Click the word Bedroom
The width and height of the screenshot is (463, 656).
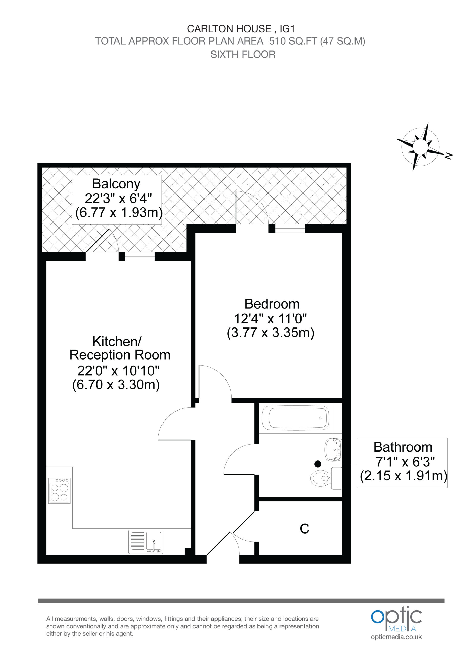(x=272, y=304)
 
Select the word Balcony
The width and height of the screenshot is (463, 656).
(x=116, y=184)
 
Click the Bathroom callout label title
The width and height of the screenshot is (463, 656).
(x=403, y=447)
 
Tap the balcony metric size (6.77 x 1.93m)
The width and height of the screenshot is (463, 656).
(x=119, y=213)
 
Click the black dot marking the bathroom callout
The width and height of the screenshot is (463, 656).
(x=318, y=464)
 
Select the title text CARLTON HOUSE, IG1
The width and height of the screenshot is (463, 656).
(x=241, y=29)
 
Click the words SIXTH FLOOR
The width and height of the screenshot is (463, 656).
(x=243, y=54)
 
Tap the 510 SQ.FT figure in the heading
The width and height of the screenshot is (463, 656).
(x=293, y=41)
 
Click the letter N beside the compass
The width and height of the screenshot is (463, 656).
(x=449, y=156)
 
